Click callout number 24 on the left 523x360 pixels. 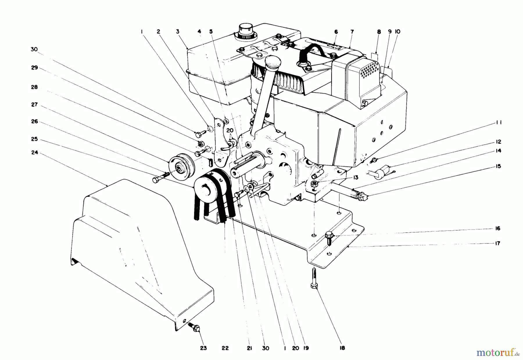click(x=35, y=152)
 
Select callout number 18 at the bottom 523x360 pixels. click(x=342, y=348)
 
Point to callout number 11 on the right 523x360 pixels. click(x=499, y=122)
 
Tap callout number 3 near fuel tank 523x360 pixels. click(x=177, y=31)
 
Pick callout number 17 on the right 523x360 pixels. click(x=498, y=243)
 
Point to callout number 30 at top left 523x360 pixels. click(x=34, y=49)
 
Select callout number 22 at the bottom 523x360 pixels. click(x=225, y=348)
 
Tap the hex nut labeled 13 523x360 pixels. click(x=314, y=184)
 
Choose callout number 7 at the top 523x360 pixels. click(x=352, y=31)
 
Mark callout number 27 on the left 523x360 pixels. click(x=35, y=104)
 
